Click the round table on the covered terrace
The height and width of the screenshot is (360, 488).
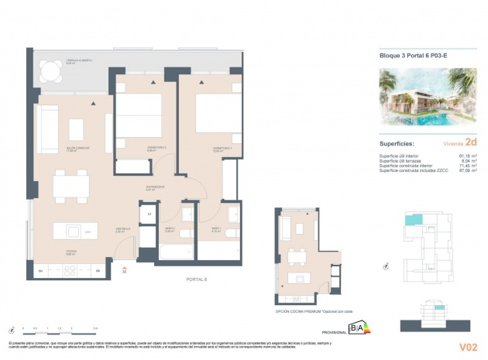pyautogui.click(x=51, y=72)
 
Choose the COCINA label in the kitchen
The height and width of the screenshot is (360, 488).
pyautogui.click(x=70, y=252)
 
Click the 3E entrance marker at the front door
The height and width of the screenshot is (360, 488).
pyautogui.click(x=124, y=272)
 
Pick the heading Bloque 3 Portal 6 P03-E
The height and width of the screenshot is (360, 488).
pyautogui.click(x=414, y=55)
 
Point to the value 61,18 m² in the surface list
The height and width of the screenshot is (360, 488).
pyautogui.click(x=468, y=155)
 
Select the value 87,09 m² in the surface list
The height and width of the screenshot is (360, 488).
pyautogui.click(x=468, y=170)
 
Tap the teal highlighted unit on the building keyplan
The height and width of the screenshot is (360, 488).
pyautogui.click(x=410, y=220)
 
